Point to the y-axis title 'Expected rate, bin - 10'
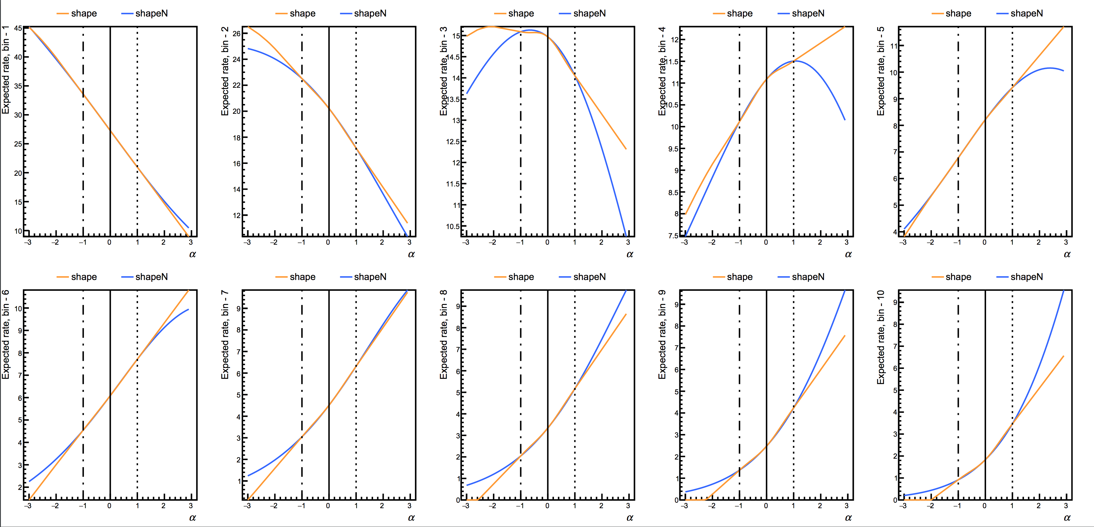tap(880, 337)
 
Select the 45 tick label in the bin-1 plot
tap(18, 28)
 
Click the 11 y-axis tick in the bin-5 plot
tap(893, 46)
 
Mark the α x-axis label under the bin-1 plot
tap(192, 254)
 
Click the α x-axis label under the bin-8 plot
tap(629, 518)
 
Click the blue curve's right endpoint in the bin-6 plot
tap(188, 310)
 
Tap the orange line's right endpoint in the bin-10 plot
tap(1063, 356)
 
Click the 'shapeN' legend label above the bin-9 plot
tap(808, 277)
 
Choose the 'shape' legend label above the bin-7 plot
tap(302, 277)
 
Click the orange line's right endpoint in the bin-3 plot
tap(626, 149)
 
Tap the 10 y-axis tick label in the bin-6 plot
tap(18, 309)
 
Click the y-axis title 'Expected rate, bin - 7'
tap(225, 335)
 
